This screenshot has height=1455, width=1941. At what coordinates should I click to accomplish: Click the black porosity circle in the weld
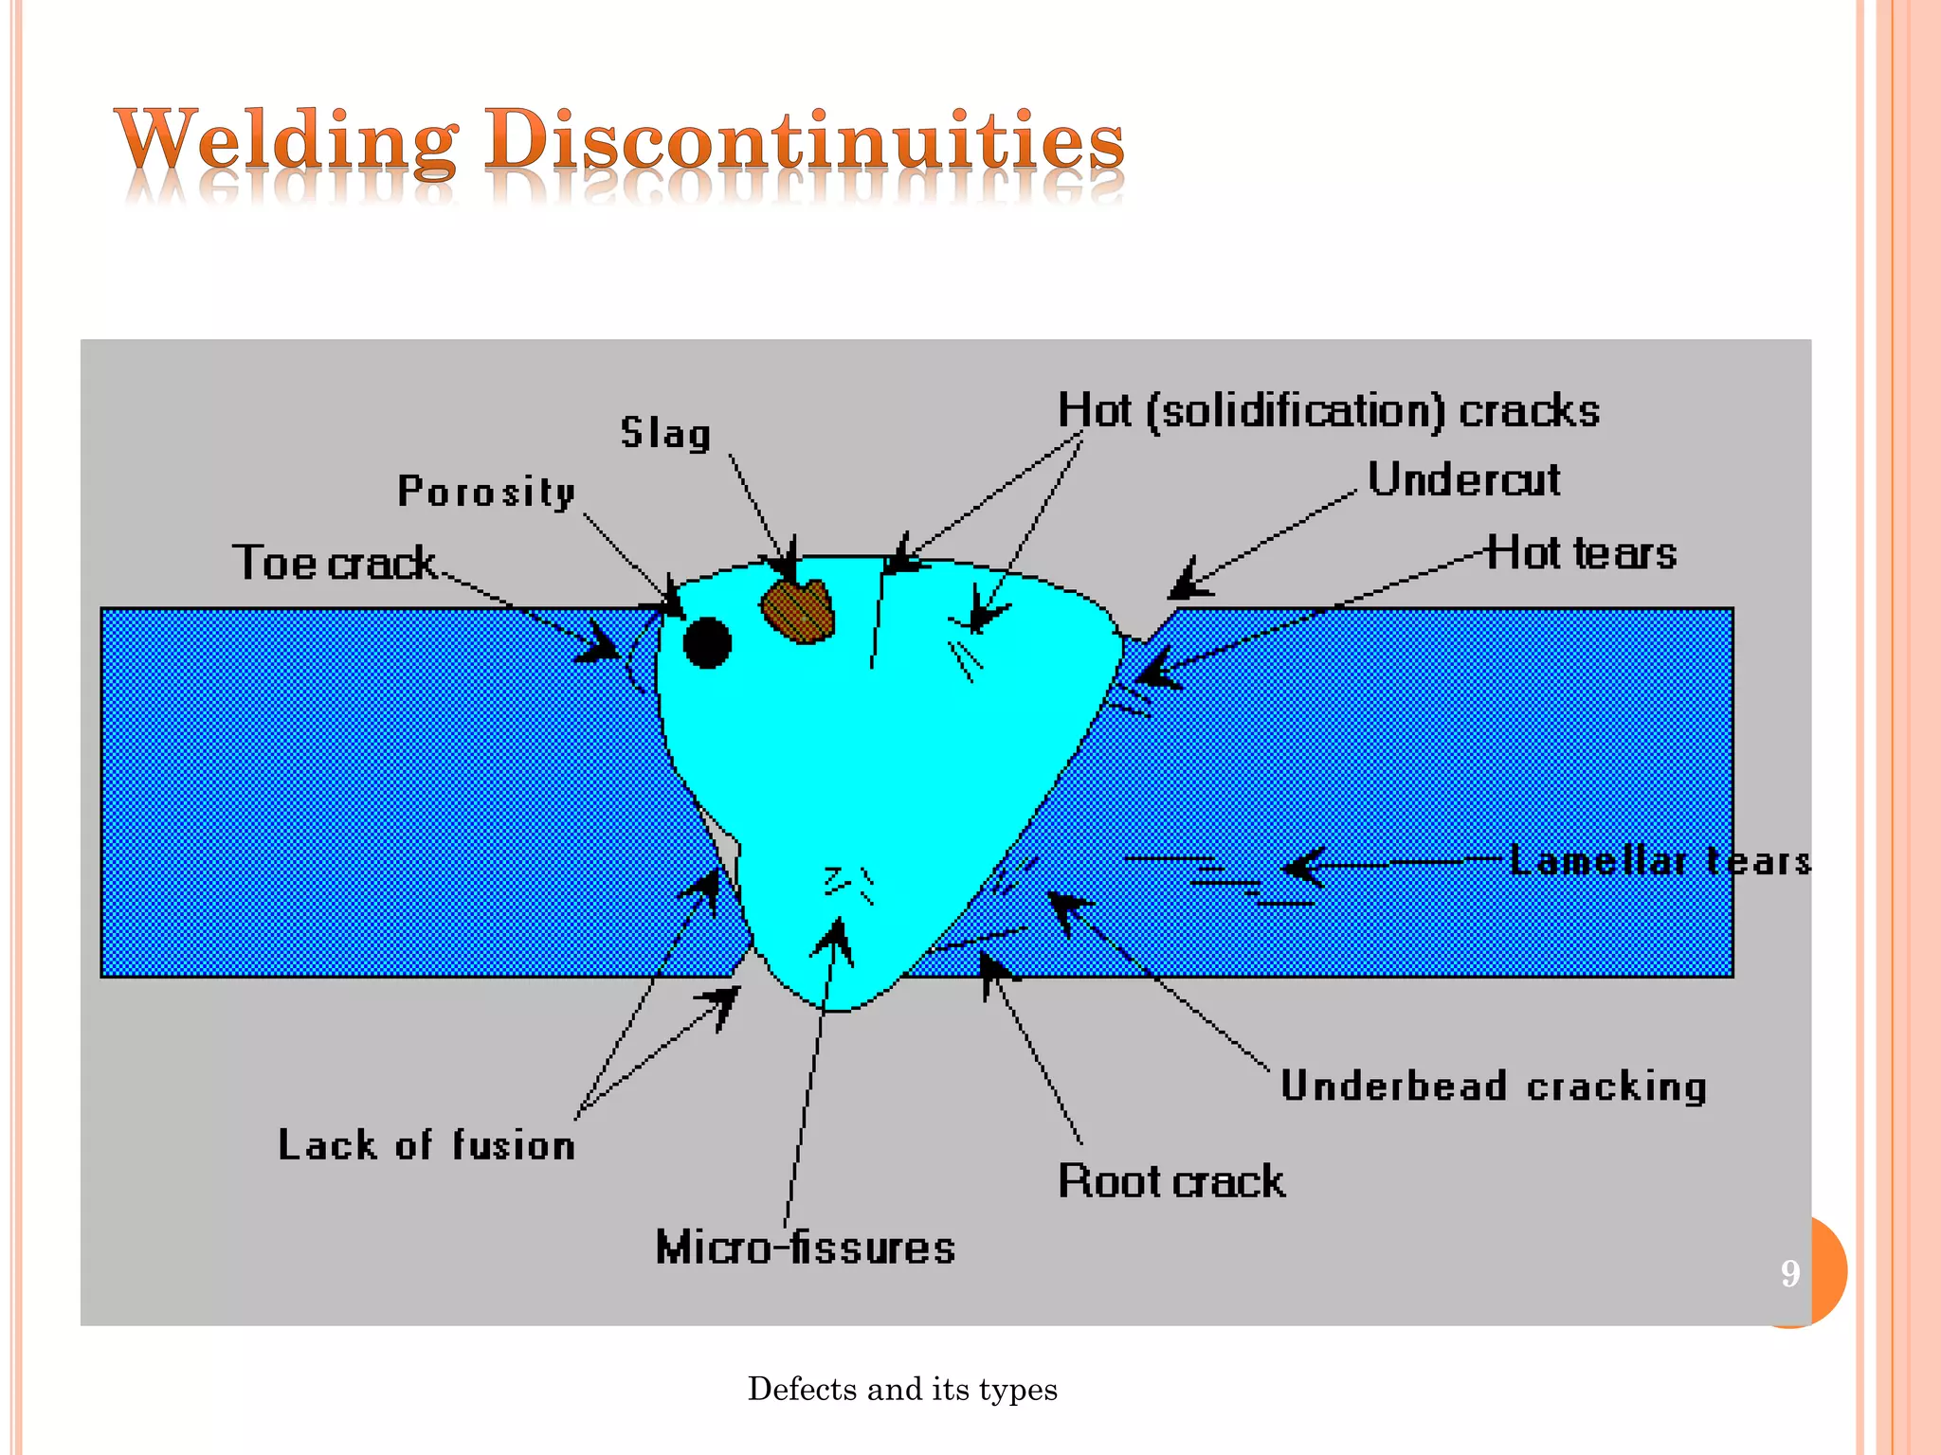707,643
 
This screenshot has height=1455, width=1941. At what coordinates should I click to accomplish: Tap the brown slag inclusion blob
798,611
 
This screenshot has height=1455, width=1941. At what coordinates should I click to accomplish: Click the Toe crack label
335,563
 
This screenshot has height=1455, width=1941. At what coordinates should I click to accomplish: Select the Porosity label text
486,492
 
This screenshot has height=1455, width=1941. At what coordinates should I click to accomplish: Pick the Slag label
665,434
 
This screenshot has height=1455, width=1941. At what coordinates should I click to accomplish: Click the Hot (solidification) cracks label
1328,412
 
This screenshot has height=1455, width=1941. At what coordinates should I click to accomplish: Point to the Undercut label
1463,479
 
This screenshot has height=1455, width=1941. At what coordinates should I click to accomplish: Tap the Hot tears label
1581,553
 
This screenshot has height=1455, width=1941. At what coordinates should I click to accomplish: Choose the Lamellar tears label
1659,861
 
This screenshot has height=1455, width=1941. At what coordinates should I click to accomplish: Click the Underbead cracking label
1493,1087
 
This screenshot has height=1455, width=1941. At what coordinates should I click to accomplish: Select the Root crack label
1171,1181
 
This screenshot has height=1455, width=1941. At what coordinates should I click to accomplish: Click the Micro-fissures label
806,1248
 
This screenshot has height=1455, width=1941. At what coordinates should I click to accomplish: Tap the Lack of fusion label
426,1145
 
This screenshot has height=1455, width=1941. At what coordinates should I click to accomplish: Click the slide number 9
1789,1273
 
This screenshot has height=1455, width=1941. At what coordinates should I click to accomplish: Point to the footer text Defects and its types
902,1389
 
